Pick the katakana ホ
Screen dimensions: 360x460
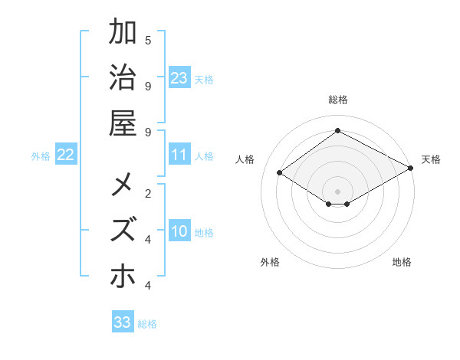(123, 275)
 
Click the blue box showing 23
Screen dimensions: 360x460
(179, 77)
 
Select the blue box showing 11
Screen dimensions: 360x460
(179, 155)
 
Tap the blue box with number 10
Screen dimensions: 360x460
(179, 232)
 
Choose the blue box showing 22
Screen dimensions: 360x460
(65, 155)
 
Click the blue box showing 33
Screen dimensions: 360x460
(122, 322)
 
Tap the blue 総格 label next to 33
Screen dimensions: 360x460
(147, 324)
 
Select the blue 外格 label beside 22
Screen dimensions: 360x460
(41, 156)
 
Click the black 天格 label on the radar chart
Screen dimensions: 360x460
(431, 159)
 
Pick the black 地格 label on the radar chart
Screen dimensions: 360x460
(402, 262)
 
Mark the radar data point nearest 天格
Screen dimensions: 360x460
(411, 169)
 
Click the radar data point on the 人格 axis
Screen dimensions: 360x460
(280, 173)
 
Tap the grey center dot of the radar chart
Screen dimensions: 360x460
(337, 191)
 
